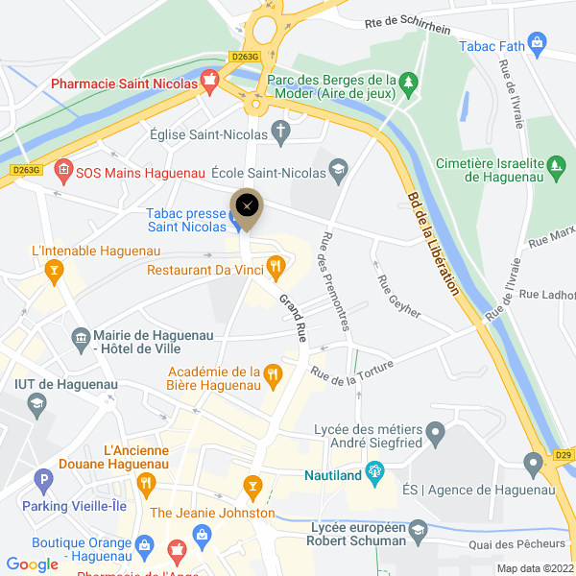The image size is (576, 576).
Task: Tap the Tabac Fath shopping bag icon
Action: click(x=537, y=43)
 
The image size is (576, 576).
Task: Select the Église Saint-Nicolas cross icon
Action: click(x=281, y=132)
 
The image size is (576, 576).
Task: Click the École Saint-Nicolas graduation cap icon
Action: click(x=337, y=170)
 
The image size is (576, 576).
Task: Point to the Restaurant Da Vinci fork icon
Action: click(x=275, y=268)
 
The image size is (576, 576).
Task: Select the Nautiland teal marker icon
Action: click(x=374, y=471)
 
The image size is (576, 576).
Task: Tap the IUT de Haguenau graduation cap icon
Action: click(x=36, y=403)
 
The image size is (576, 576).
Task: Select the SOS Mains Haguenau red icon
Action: click(x=62, y=172)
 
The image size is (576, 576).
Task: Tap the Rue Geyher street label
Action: click(x=399, y=298)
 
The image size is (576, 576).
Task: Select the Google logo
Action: click(x=33, y=564)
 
